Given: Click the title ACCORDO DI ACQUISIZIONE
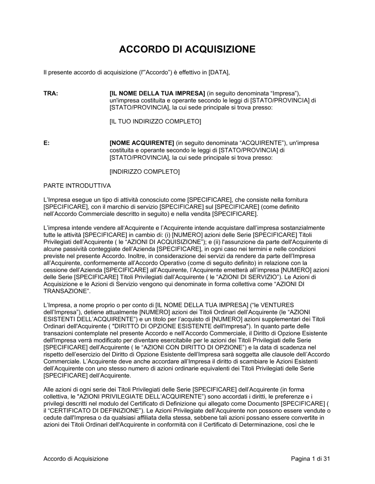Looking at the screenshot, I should [x=187, y=49].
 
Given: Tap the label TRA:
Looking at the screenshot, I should [x=51, y=93].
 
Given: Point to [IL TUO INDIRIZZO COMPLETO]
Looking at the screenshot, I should [x=155, y=122].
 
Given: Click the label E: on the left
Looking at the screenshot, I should [x=46, y=143].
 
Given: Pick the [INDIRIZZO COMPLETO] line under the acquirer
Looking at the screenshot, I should [x=144, y=172].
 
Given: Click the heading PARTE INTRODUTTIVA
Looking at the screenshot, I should [x=77, y=186].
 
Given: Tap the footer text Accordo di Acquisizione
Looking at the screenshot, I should [x=76, y=458].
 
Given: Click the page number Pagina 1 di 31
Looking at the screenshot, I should [x=310, y=458].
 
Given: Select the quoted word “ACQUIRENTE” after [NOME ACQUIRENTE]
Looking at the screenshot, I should [x=261, y=143].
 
